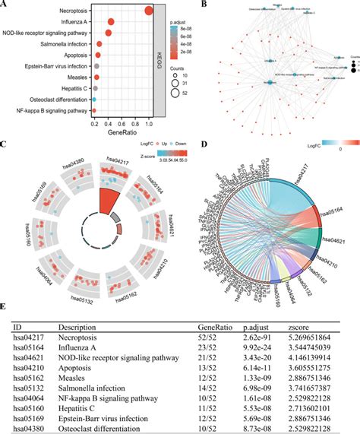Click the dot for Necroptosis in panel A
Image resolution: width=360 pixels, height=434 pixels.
(x=149, y=10)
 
